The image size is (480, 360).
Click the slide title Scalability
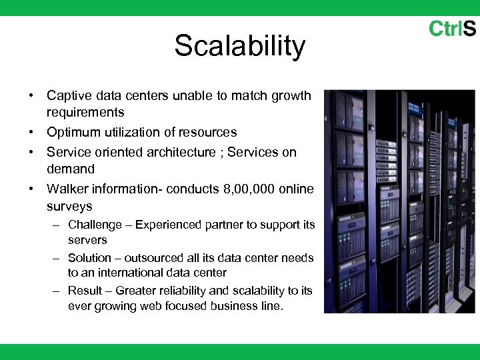(x=239, y=47)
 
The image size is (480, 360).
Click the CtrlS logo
(x=452, y=29)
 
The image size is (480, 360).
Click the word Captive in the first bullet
(x=69, y=95)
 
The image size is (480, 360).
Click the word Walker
(x=67, y=189)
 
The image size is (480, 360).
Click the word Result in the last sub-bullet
(x=85, y=291)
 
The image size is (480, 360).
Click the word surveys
(x=69, y=207)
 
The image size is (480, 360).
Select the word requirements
(x=85, y=113)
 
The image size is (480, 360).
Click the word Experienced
(x=168, y=225)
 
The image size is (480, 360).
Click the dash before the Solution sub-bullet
(x=58, y=258)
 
